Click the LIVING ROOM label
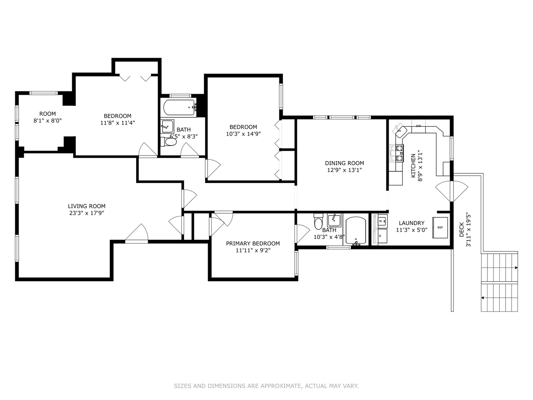tap(87, 206)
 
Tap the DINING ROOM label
tap(344, 163)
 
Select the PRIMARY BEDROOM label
tap(253, 243)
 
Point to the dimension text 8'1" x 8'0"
tap(48, 120)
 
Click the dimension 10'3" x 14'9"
tap(243, 134)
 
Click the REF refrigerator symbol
tap(440, 227)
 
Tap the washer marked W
tap(381, 221)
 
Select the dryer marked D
tap(380, 236)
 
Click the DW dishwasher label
tap(418, 126)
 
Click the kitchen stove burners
tap(396, 153)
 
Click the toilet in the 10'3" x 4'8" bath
tap(318, 221)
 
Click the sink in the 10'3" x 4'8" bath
tap(334, 220)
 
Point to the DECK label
tap(462, 230)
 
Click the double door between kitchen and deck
tap(452, 191)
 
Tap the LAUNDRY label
tap(412, 223)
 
